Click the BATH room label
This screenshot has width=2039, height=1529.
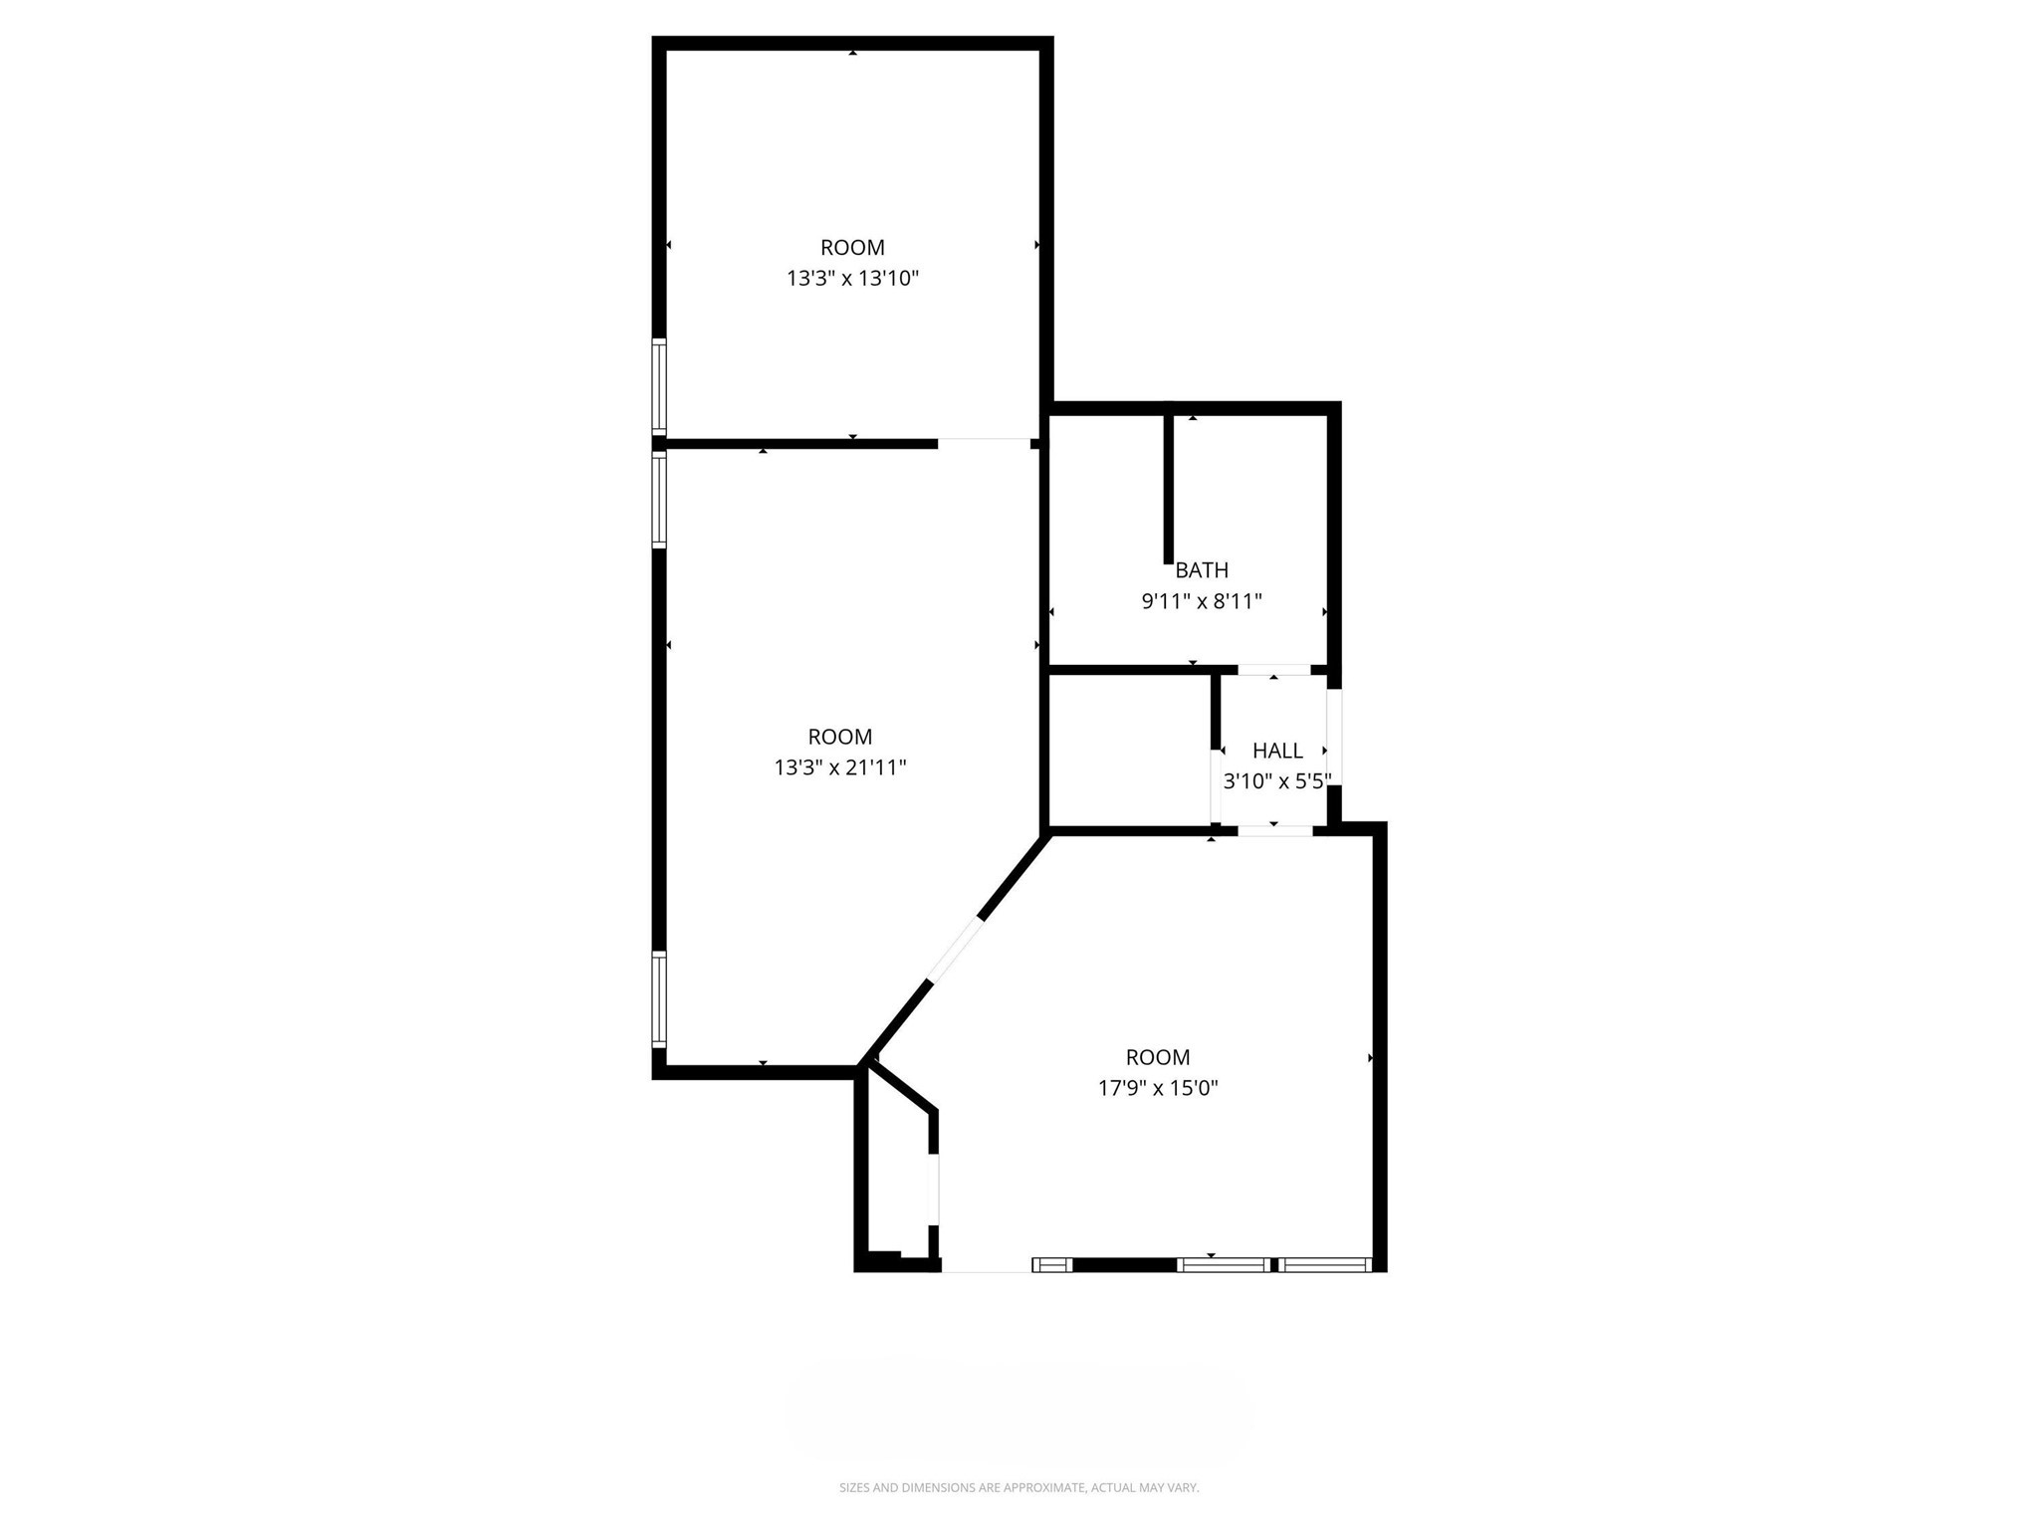pos(1201,570)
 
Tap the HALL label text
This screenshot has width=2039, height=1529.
pos(1277,751)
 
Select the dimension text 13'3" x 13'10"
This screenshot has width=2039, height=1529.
pos(852,279)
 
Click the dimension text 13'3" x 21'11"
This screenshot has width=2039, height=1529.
pos(840,767)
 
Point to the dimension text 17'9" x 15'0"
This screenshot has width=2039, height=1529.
pos(1158,1088)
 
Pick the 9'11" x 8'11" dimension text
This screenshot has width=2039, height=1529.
pos(1201,601)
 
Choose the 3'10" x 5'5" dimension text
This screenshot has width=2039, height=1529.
pos(1276,781)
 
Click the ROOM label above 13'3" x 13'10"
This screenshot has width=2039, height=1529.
pos(852,248)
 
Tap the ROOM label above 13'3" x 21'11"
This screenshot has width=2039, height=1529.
pos(840,737)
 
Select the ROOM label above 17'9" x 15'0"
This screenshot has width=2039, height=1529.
pos(1158,1057)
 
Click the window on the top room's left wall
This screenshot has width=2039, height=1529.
pos(659,385)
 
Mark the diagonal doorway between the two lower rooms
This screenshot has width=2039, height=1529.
pos(955,950)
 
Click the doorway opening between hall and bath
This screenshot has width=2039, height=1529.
pos(1273,670)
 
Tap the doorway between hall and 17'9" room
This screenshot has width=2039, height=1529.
pos(1274,830)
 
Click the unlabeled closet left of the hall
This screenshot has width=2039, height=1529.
pos(1130,751)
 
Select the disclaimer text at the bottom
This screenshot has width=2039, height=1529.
pos(1019,1487)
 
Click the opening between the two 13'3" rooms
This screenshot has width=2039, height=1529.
pos(984,442)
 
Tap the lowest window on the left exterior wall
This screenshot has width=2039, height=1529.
pos(659,998)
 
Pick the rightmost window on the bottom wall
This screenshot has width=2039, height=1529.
pos(1325,1265)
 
